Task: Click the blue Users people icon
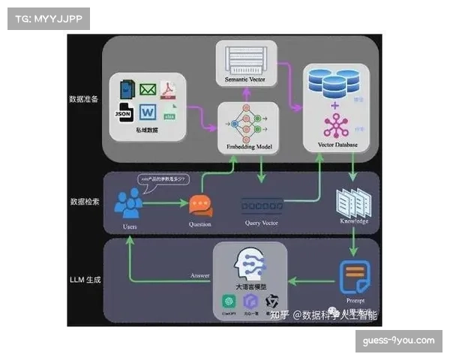coord(130,202)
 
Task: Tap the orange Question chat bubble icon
coord(200,205)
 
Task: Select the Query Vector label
coord(262,223)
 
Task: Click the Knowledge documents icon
coord(352,202)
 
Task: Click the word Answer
coord(200,276)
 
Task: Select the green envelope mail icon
coord(147,91)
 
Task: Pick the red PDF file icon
coord(170,91)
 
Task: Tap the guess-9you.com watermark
coord(398,340)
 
